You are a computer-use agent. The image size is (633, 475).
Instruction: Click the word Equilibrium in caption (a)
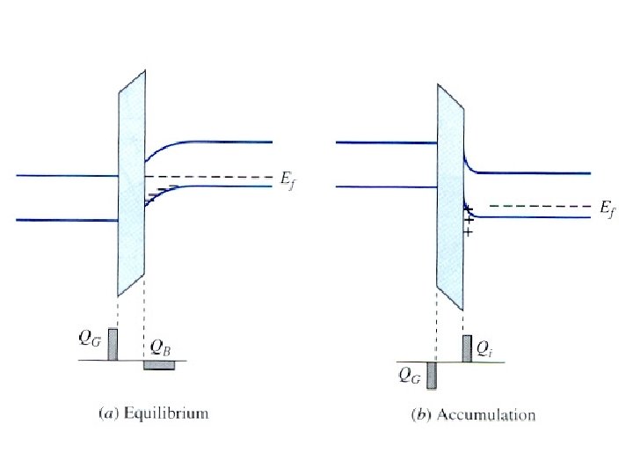tap(178, 412)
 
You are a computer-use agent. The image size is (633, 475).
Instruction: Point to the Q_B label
tap(161, 349)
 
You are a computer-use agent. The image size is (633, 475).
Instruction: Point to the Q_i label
tap(484, 348)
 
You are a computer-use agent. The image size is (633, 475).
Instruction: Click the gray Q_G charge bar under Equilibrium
tap(113, 344)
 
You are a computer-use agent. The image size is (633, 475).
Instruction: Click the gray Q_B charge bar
tap(159, 364)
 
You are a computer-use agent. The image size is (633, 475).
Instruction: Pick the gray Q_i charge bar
tap(467, 348)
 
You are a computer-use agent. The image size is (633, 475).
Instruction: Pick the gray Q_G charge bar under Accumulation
tap(432, 374)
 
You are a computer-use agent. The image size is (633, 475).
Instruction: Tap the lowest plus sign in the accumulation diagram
tap(468, 233)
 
